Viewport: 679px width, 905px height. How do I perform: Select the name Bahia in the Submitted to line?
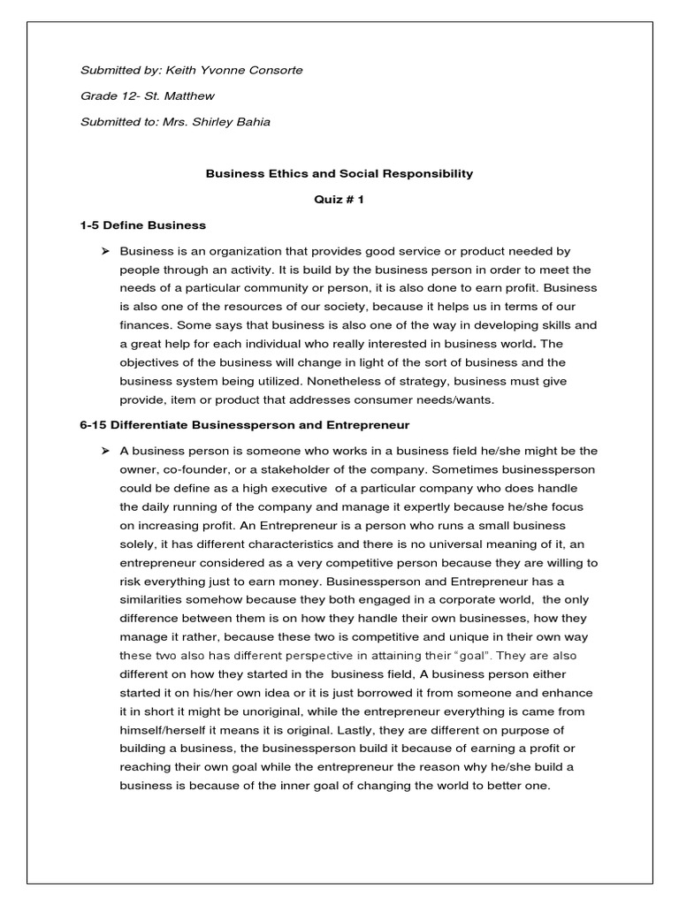pos(251,122)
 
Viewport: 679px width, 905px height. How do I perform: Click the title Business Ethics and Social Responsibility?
pos(339,174)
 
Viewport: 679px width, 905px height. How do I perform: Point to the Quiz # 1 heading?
pos(339,200)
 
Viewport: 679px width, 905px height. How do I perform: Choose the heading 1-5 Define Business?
pos(142,225)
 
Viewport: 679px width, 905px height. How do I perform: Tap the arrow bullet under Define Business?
pos(105,251)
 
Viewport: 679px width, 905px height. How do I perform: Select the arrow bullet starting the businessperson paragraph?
pos(105,451)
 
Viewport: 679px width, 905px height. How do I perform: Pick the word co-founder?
pos(194,469)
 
